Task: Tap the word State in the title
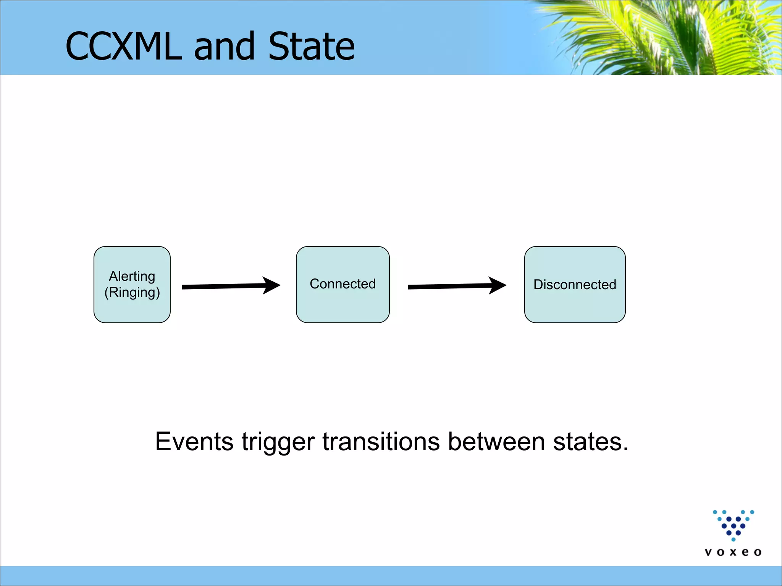coord(311,47)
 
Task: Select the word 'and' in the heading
coord(224,47)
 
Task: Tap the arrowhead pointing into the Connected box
coord(272,285)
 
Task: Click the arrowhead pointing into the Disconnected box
coord(498,285)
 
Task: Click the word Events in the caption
coord(194,442)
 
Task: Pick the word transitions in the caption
coord(381,442)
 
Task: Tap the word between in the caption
coord(496,442)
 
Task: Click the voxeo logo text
coord(733,552)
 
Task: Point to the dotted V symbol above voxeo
coord(734,525)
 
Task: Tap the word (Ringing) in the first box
coord(132,293)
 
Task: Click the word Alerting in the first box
coord(132,276)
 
